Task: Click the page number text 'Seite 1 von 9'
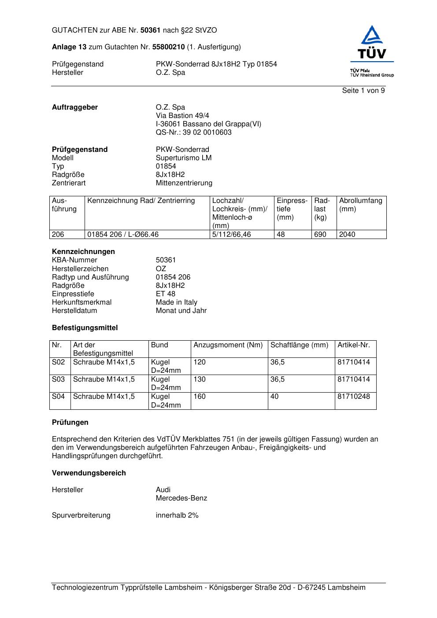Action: tap(363, 91)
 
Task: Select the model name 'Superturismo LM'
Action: tap(183, 158)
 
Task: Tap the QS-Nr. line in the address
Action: tap(193, 132)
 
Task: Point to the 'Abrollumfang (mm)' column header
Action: tap(360, 205)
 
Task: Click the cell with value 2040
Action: tap(347, 235)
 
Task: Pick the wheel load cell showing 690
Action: tap(320, 235)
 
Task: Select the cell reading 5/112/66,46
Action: tap(231, 235)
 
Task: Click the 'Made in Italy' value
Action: tap(176, 302)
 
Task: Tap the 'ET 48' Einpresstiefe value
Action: tap(165, 294)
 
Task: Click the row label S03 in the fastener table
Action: tap(58, 379)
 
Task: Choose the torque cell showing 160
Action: tap(200, 396)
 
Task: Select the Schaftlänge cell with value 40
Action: tap(274, 396)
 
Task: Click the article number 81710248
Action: tap(354, 396)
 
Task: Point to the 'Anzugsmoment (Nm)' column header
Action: tap(228, 345)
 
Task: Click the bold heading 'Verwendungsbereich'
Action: tap(89, 473)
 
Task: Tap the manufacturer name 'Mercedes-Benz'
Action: tap(181, 498)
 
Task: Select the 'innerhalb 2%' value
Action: tap(177, 515)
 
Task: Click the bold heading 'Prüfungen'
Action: tap(70, 422)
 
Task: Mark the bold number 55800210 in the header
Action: tap(168, 47)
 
